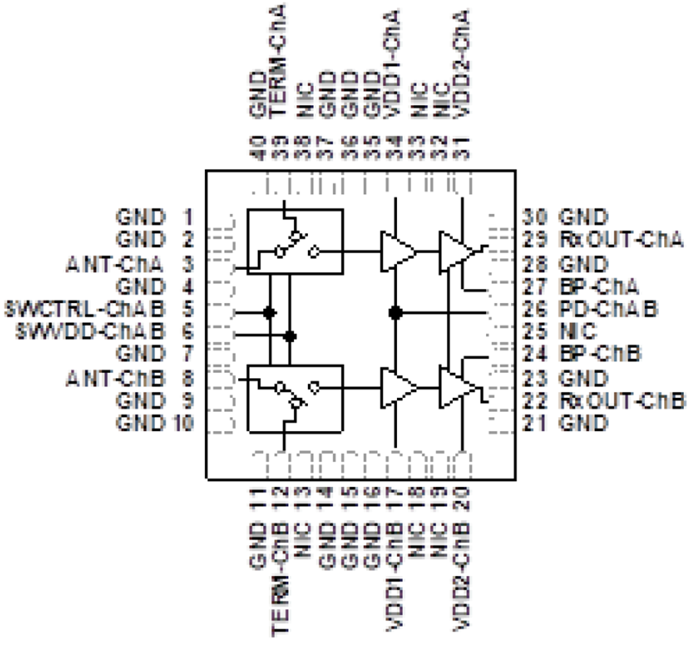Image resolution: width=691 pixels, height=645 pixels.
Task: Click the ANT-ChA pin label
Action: pyautogui.click(x=115, y=265)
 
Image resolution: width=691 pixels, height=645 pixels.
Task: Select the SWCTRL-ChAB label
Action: pyautogui.click(x=85, y=311)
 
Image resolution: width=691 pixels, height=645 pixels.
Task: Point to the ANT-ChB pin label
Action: pyautogui.click(x=115, y=377)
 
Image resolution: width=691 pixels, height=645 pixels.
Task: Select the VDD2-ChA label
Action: pyautogui.click(x=461, y=61)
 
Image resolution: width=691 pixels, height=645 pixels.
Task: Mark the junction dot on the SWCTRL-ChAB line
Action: pyautogui.click(x=269, y=312)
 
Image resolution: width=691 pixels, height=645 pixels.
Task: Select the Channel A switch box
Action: pyautogui.click(x=294, y=241)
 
